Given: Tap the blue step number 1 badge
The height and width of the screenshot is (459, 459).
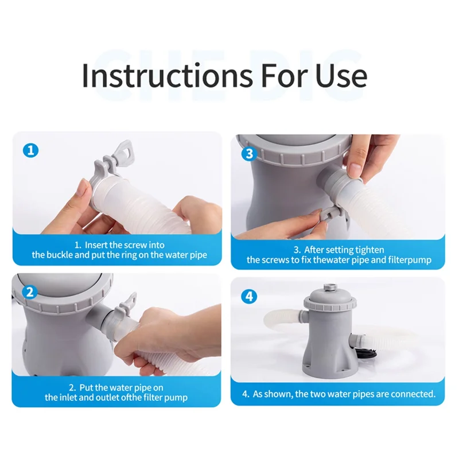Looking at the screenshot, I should [x=31, y=151].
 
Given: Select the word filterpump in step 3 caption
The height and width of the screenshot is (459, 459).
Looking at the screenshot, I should [x=410, y=260].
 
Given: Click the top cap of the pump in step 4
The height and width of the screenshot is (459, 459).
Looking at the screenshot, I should [x=330, y=286].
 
